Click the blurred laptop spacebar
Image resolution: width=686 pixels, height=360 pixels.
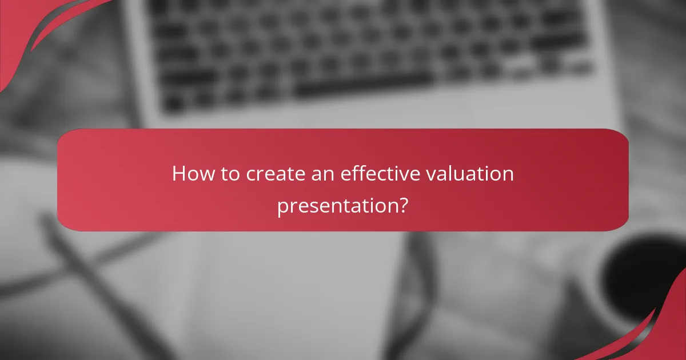point(366,86)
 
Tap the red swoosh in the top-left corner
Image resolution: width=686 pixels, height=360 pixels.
point(34,29)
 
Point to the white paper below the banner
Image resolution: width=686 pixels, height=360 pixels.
point(286,286)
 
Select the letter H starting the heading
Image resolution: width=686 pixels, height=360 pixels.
point(178,174)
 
